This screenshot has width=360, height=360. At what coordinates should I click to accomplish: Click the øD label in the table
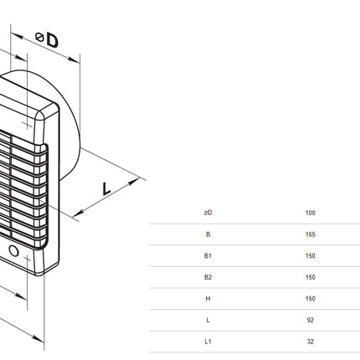(x=208, y=213)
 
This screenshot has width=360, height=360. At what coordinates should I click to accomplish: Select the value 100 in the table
(x=311, y=213)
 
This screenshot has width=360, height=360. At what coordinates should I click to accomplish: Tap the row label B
(x=208, y=234)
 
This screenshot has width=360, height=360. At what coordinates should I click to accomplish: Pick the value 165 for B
(x=311, y=234)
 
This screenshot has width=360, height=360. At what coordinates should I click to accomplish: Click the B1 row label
(x=208, y=255)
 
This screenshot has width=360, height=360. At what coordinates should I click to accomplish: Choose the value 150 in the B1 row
(x=311, y=255)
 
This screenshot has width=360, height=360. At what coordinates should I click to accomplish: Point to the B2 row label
(x=208, y=277)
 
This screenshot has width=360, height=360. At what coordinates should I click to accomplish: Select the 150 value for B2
(x=311, y=277)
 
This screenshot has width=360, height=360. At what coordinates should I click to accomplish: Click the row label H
(x=208, y=299)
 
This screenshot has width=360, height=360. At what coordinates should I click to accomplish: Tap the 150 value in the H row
(x=311, y=299)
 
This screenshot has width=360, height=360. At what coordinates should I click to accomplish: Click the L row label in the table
(x=208, y=320)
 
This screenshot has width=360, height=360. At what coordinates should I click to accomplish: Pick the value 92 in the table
(x=311, y=320)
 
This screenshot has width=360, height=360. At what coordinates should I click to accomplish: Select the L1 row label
(x=208, y=342)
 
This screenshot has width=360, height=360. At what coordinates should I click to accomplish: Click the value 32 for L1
(x=311, y=342)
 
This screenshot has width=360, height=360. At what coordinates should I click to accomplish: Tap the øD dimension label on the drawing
(x=47, y=39)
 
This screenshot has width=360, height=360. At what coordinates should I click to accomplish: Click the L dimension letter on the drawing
(x=106, y=188)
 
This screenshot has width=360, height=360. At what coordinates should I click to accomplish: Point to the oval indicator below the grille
(x=13, y=250)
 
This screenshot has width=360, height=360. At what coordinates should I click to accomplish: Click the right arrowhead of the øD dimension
(x=74, y=59)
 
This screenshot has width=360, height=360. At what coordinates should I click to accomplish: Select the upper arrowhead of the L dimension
(x=133, y=182)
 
